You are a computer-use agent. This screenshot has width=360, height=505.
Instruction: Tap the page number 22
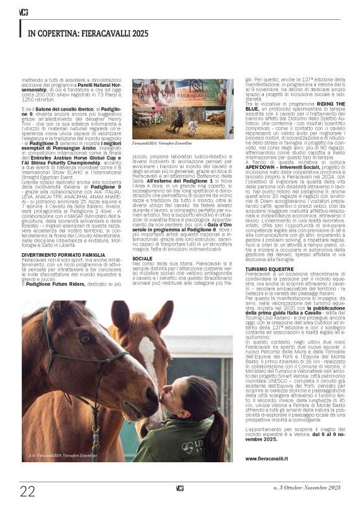(27, 491)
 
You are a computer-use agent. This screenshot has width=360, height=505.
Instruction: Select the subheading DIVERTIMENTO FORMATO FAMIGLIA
(59, 254)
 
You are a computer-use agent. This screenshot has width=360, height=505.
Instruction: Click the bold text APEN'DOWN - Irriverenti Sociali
(278, 167)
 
